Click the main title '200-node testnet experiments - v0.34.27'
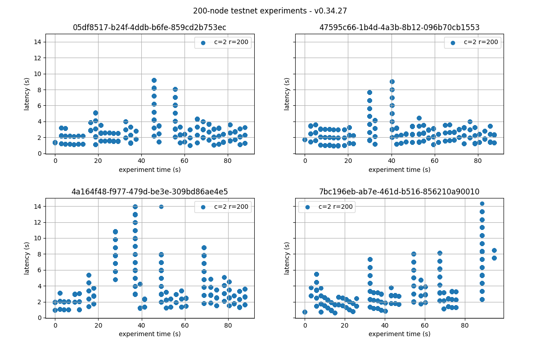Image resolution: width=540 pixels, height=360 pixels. (270, 11)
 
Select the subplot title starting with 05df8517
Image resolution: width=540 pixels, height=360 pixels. (149, 27)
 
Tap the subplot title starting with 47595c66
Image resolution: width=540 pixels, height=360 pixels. (399, 27)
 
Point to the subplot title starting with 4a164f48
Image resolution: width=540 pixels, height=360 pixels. (149, 192)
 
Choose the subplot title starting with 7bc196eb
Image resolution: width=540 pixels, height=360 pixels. (399, 192)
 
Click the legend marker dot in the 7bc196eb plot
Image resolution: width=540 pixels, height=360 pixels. (308, 207)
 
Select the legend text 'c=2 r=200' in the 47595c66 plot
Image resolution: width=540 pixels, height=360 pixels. (481, 42)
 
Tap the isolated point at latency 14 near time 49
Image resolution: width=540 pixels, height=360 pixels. (161, 207)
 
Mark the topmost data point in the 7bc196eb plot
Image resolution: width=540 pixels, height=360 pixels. (482, 203)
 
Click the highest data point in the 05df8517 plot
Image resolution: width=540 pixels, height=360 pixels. (154, 80)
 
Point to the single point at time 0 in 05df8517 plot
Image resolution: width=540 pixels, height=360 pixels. (55, 142)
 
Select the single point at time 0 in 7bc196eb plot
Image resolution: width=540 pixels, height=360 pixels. (305, 312)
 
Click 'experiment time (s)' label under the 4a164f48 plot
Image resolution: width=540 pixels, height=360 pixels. (149, 334)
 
